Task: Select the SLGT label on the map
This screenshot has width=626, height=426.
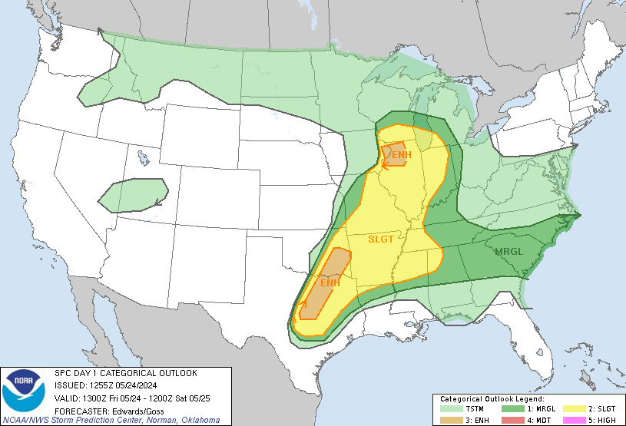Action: click(381, 239)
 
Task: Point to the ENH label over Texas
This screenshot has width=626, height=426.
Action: click(330, 283)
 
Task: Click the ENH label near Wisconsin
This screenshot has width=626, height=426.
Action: click(401, 156)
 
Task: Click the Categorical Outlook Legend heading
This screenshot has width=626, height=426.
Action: click(492, 400)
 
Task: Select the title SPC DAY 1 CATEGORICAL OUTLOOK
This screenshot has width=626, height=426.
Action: click(126, 373)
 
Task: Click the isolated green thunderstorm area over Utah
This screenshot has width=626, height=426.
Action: click(132, 196)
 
